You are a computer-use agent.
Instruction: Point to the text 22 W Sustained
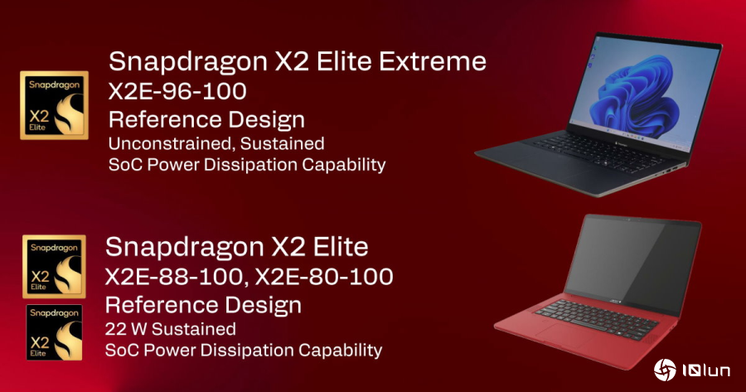pos(171,328)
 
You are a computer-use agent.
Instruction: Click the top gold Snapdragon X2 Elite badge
pos(53,105)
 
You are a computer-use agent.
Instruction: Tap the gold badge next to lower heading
pos(53,267)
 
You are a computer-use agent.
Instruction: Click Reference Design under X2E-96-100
pos(206,118)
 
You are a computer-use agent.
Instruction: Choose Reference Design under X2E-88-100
pos(203,303)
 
